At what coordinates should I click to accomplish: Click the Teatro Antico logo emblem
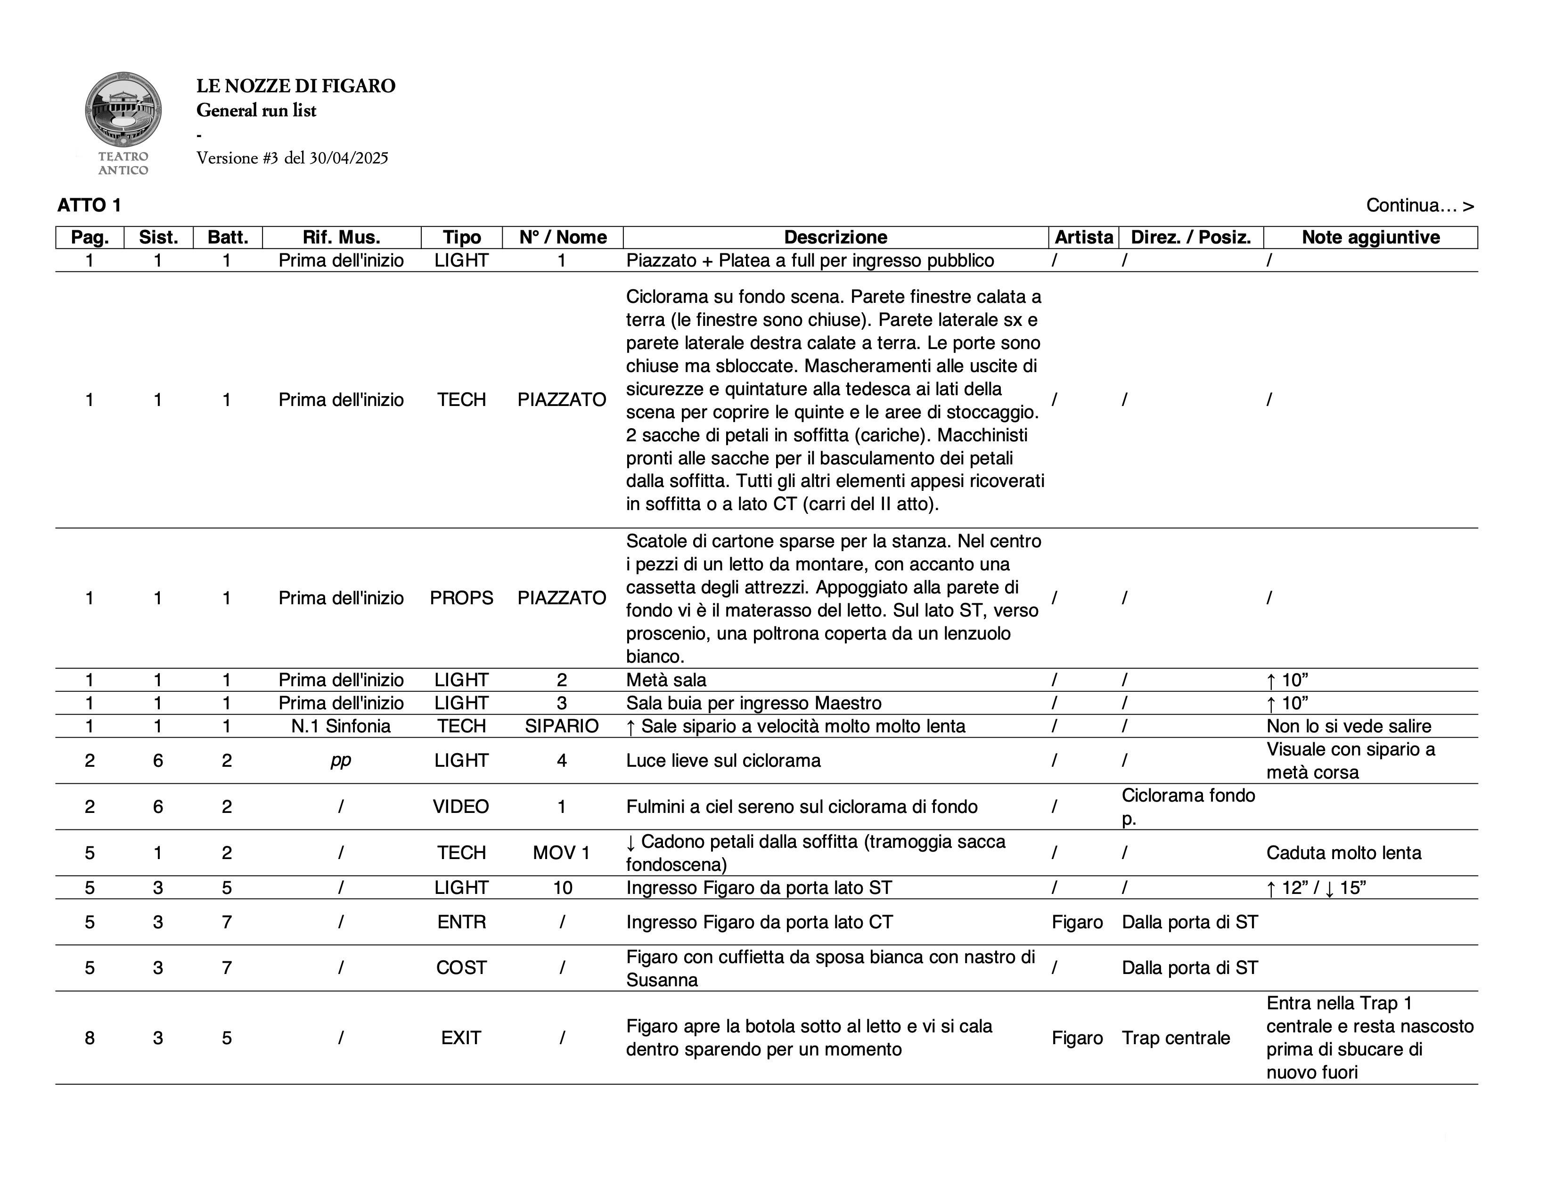(123, 110)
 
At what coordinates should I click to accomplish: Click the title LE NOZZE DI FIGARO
(295, 86)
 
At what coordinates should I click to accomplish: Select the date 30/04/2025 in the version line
(348, 158)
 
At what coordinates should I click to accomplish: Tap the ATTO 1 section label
(89, 206)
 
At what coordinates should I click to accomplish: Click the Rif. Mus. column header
(341, 237)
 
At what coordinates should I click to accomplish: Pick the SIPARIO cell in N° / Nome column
(562, 726)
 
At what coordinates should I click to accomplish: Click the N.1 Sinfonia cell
(341, 726)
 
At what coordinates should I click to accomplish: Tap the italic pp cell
(341, 761)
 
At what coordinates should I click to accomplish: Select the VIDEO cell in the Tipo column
(461, 806)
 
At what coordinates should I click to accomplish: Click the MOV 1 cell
(562, 852)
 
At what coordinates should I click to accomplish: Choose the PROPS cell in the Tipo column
(461, 598)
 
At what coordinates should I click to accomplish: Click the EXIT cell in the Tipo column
(461, 1038)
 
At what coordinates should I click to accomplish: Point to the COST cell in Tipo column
(461, 968)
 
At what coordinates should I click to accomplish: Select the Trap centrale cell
(1176, 1038)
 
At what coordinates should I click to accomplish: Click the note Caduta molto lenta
(1343, 852)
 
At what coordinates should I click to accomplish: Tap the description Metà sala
(666, 680)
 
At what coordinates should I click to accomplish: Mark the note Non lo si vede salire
(1349, 726)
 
